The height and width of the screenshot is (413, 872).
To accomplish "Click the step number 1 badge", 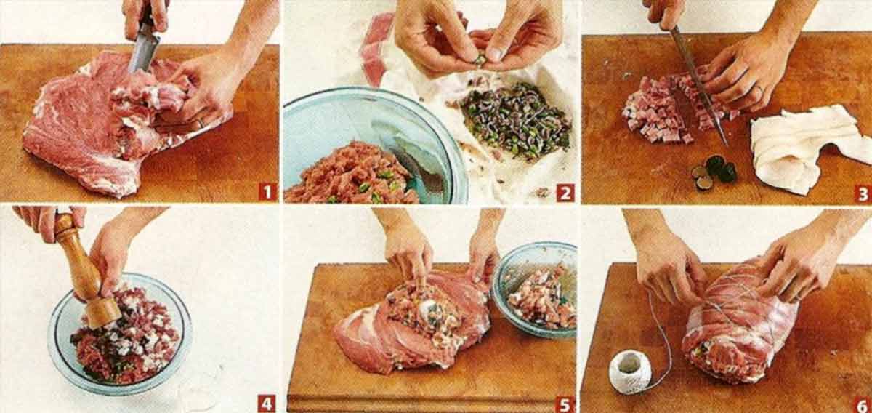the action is (x=267, y=192).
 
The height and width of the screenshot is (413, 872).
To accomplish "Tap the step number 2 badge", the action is (x=565, y=193).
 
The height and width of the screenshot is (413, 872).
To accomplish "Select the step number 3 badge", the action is (x=863, y=193).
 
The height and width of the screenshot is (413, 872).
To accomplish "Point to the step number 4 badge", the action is (x=267, y=404).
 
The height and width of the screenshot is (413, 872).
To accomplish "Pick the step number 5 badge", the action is (x=565, y=404).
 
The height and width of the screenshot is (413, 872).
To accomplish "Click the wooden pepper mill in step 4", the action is (x=86, y=271).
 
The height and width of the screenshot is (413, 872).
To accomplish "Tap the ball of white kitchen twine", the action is (x=630, y=372).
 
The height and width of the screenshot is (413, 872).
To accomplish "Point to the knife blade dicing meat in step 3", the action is (x=699, y=86).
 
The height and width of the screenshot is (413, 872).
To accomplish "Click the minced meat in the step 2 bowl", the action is (x=352, y=175).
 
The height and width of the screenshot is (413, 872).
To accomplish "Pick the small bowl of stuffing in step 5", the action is (x=536, y=289).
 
